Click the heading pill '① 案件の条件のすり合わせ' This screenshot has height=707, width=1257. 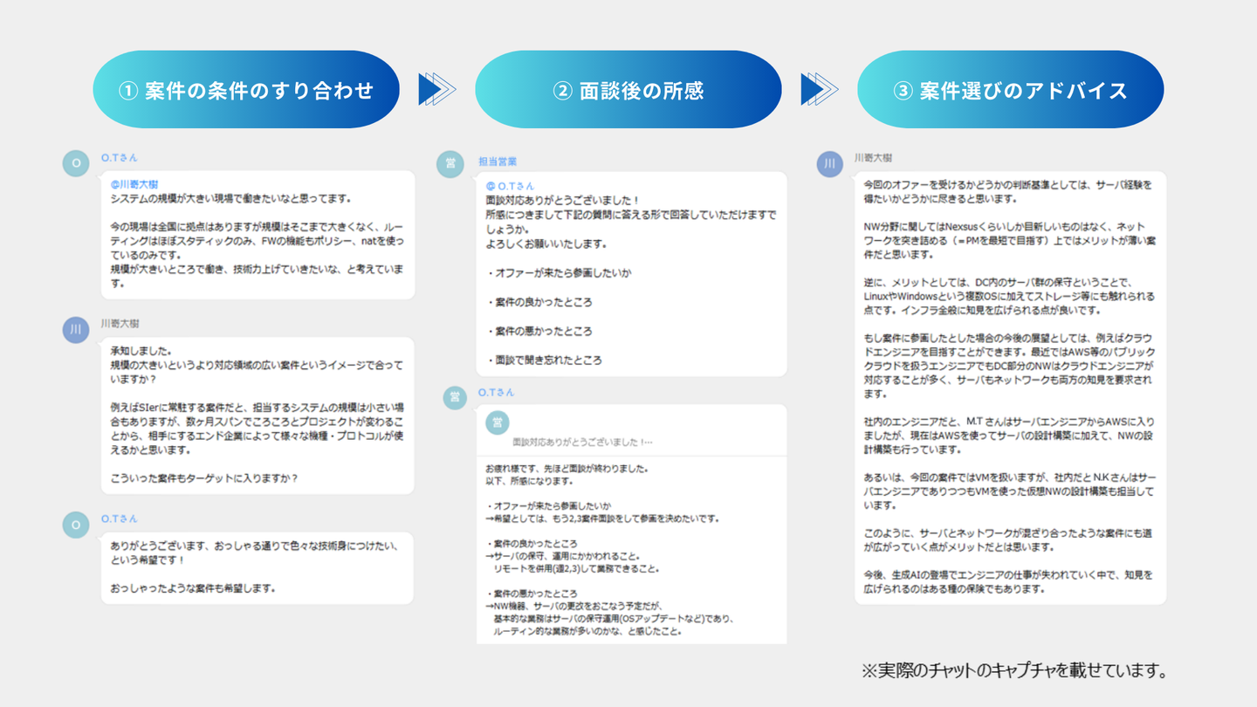pos(246,90)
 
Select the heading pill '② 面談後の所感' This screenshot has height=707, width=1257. pos(628,90)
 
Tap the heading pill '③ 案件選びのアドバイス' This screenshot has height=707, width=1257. pos(1010,90)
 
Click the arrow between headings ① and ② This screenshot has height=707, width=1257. pos(436,89)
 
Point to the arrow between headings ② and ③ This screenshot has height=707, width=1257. pos(819,89)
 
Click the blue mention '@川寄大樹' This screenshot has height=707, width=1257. pos(134,184)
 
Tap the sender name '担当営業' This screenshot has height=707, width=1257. pos(498,161)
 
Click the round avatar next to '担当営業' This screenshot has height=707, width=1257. pos(450,164)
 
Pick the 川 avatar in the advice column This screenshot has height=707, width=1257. pos(829,164)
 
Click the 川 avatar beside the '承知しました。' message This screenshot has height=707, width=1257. pos(76,329)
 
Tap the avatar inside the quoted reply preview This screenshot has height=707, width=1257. pos(498,422)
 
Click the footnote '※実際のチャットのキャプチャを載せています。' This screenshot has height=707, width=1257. pos(1013,670)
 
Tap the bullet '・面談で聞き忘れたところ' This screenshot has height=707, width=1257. pos(544,360)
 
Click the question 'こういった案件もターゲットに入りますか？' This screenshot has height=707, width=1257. pos(204,478)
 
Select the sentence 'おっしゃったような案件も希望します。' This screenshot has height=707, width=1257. pos(193,587)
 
